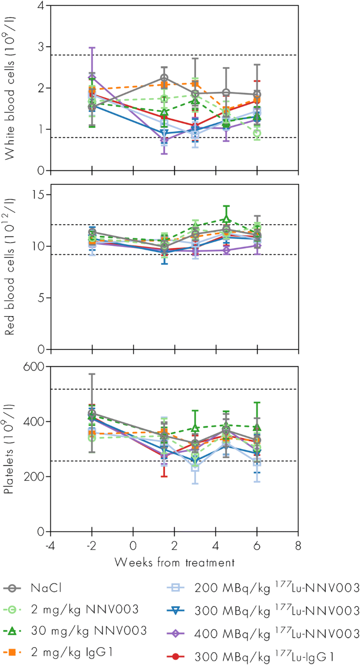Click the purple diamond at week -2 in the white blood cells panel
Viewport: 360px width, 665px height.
coord(92,78)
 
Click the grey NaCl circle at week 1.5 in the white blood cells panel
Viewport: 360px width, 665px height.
coord(164,78)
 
